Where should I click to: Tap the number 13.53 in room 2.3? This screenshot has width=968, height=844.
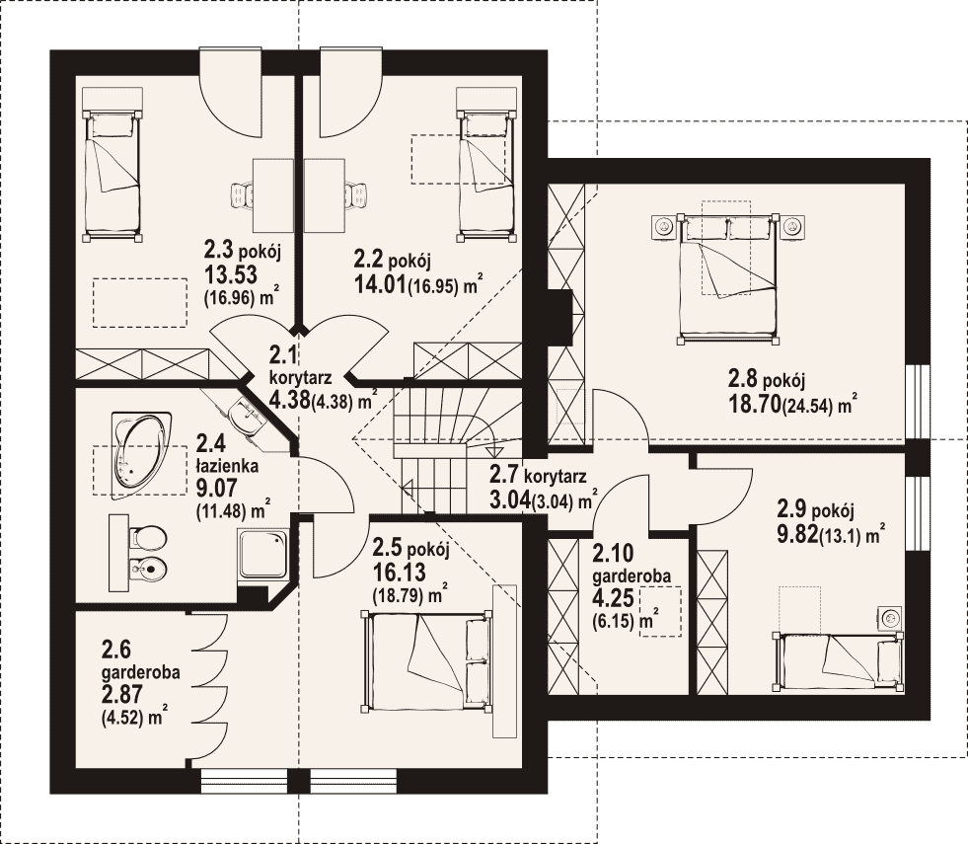pos(230,274)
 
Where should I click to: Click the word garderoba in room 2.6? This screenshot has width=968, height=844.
pos(141,671)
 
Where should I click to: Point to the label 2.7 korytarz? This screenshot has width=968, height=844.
pos(538,476)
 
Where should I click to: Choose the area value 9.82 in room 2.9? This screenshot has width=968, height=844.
pos(797,533)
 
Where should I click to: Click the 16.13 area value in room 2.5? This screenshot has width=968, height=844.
pos(399,573)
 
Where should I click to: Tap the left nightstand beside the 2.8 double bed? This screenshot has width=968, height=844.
pos(664,227)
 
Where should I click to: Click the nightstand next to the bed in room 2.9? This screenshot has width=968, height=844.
pos(889,617)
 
